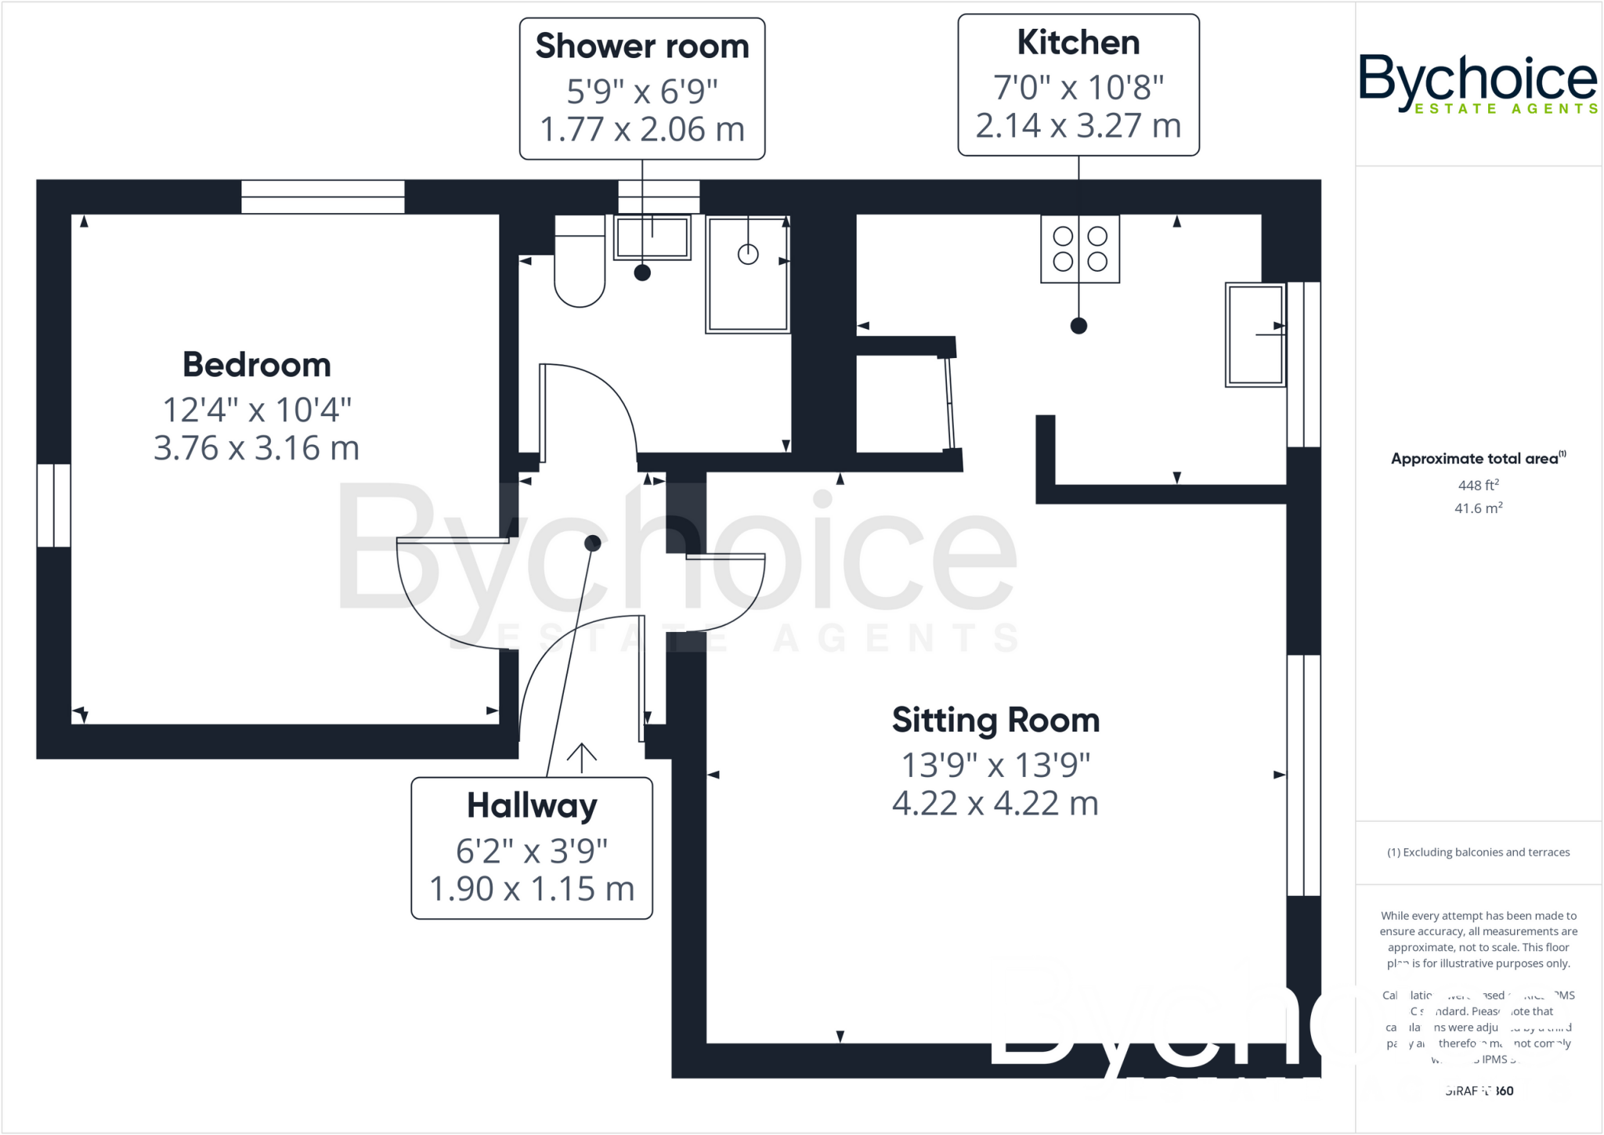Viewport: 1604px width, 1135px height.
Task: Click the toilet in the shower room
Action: [x=580, y=266]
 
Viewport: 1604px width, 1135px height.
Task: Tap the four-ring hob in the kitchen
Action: [x=1079, y=248]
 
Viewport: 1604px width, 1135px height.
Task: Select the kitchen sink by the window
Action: [x=1255, y=334]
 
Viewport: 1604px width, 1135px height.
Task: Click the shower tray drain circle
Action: [x=748, y=254]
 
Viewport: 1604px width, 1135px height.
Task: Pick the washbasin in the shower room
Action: [x=652, y=237]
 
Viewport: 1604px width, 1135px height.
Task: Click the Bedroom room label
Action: [x=257, y=365]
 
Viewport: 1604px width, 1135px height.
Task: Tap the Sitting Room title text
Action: [x=995, y=721]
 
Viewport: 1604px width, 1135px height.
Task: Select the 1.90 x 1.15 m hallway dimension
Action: [x=532, y=889]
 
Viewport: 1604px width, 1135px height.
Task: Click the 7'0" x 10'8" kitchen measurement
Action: [x=1078, y=87]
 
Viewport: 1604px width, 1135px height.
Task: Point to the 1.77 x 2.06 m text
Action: [x=642, y=129]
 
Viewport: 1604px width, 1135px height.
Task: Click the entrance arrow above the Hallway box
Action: [x=581, y=757]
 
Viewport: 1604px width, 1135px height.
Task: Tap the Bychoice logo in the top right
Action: [x=1477, y=82]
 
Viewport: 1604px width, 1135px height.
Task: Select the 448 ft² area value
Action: [x=1478, y=485]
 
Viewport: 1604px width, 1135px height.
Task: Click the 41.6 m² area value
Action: [x=1478, y=508]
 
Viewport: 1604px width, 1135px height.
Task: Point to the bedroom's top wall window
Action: [x=323, y=197]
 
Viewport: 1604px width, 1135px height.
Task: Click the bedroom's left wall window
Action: [x=54, y=505]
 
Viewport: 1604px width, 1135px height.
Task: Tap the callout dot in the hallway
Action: [x=593, y=543]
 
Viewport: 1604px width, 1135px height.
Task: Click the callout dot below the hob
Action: [x=1078, y=326]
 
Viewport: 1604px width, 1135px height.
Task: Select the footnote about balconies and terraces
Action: [x=1478, y=852]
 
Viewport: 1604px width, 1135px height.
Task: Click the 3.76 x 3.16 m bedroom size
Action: [x=257, y=449]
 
